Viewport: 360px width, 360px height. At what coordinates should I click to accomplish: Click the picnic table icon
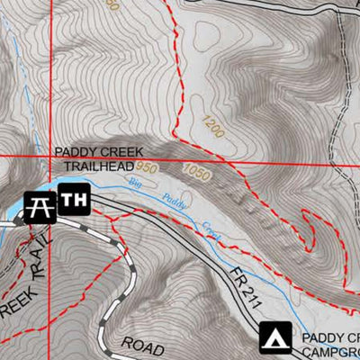[x=39, y=206]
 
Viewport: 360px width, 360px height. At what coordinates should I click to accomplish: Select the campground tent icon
[x=275, y=337]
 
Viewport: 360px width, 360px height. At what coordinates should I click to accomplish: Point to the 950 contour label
[x=147, y=168]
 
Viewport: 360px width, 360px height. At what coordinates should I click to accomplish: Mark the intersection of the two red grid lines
[x=49, y=157]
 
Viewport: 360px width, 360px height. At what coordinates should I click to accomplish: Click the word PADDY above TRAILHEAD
[x=74, y=153]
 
